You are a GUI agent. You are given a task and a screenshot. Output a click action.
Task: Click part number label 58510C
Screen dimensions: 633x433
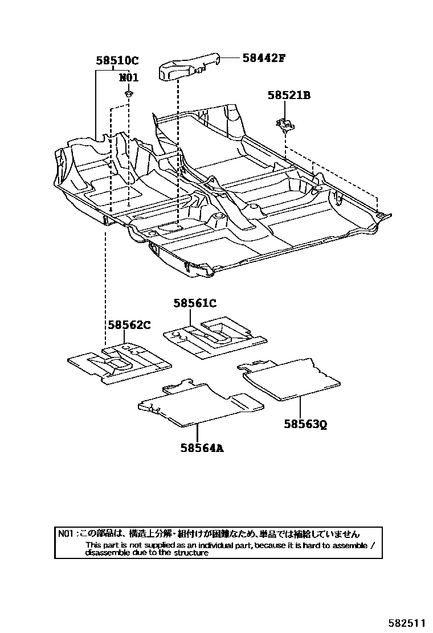[117, 60]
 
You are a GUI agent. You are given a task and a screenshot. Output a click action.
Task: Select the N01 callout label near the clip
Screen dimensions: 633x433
[129, 78]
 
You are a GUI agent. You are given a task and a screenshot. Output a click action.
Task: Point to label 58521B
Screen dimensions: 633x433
[289, 96]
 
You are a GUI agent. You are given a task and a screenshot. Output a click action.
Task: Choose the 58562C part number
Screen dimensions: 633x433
[129, 325]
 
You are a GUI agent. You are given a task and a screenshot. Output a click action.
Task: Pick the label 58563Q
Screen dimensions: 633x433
[305, 424]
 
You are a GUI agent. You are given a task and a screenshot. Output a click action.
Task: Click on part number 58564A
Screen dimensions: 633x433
[202, 448]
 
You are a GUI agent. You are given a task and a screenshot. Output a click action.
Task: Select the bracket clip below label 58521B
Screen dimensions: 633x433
[283, 123]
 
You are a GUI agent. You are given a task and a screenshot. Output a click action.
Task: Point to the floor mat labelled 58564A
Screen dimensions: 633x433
[199, 402]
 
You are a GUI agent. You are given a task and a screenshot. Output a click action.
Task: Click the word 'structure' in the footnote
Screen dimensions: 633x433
[192, 553]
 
